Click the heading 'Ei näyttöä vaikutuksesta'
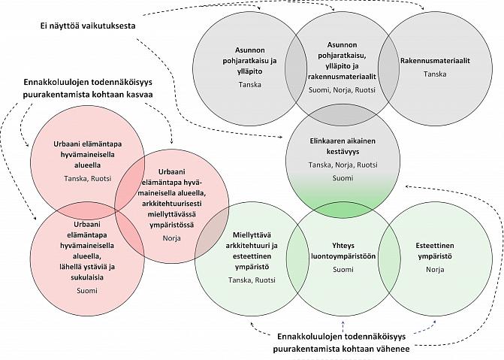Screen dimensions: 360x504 pyautogui.click(x=88, y=26)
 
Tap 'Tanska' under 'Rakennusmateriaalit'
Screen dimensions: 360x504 pyautogui.click(x=435, y=74)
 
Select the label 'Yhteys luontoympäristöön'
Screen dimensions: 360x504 pyautogui.click(x=343, y=250)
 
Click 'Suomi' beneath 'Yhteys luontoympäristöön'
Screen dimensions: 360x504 pyautogui.click(x=343, y=269)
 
